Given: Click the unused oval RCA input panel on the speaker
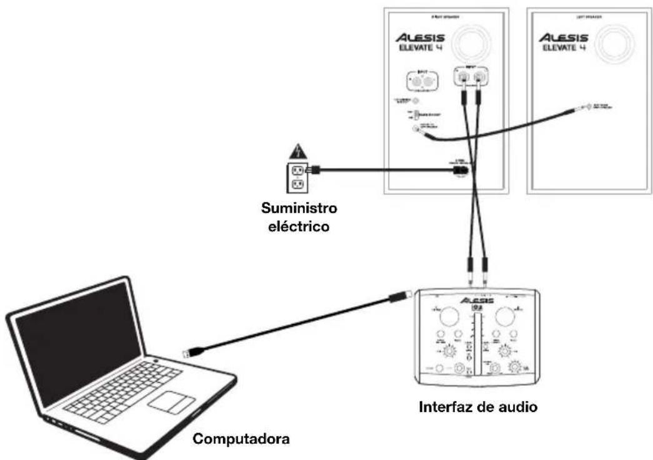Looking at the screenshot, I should [420, 82].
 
